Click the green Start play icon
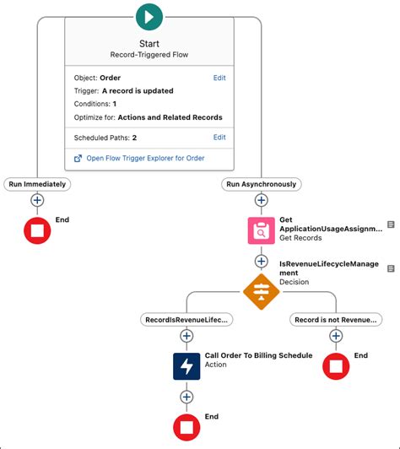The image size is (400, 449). [x=149, y=16]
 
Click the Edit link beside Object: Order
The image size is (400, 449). [x=219, y=78]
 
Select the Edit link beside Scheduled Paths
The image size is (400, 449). [x=219, y=137]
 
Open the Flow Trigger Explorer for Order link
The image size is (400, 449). [x=145, y=158]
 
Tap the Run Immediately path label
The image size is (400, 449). [x=37, y=184]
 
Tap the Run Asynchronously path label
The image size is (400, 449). [x=261, y=184]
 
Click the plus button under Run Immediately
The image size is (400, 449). [x=37, y=201]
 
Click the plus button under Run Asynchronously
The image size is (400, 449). [x=261, y=201]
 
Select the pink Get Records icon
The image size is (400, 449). [x=261, y=230]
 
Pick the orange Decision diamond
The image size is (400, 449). [x=261, y=291]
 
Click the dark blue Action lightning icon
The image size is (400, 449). [x=186, y=365]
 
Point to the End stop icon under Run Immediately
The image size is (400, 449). [x=37, y=230]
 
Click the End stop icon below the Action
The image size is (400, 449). [x=186, y=425]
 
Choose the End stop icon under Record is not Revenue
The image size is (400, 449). [x=336, y=365]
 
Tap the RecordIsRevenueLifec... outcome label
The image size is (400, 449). [x=186, y=320]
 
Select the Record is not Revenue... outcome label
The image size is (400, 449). [x=335, y=320]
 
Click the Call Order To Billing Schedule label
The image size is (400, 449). [x=258, y=355]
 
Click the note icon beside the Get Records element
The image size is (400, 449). [x=391, y=224]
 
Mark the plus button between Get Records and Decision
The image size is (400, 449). [x=261, y=261]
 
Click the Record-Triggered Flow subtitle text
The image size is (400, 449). [x=149, y=54]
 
